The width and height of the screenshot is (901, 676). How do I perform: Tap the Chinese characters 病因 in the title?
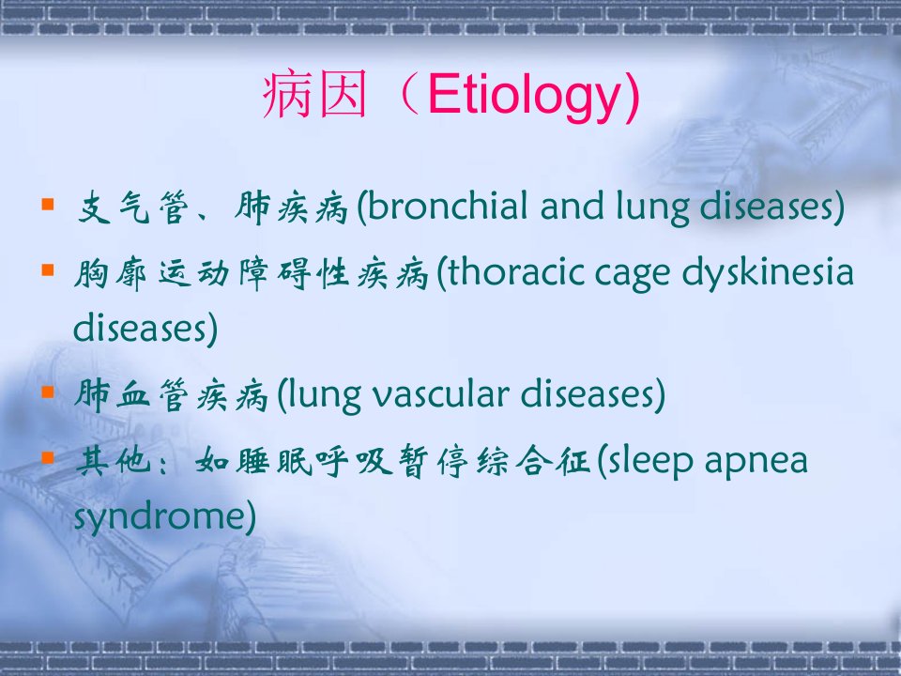click(315, 94)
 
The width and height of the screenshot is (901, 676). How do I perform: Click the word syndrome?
click(160, 516)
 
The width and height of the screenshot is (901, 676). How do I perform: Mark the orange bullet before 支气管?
click(48, 204)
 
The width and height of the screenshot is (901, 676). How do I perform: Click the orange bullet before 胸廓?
click(48, 269)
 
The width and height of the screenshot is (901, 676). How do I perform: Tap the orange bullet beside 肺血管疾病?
click(48, 392)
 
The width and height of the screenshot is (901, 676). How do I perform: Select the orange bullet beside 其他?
click(48, 458)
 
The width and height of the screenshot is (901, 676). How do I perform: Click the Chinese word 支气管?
click(133, 207)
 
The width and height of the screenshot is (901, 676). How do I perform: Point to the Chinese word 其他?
click(114, 461)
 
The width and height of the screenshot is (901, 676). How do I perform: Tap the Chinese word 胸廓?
click(111, 273)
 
